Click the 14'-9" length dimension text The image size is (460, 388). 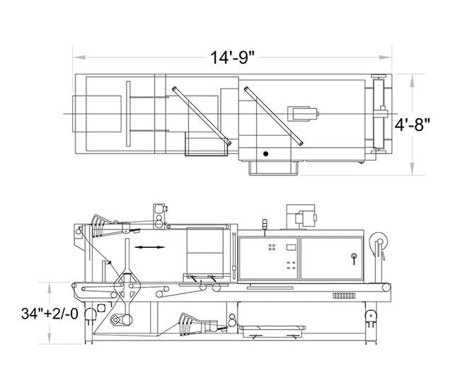(232, 57)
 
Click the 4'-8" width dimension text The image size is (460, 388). (412, 125)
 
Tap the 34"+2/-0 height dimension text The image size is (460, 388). (50, 314)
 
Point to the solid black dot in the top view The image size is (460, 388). (265, 154)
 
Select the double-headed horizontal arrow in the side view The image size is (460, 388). (149, 247)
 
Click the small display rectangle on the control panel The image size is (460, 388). (291, 247)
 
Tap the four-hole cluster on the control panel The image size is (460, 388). (272, 247)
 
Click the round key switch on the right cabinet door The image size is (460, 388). (354, 256)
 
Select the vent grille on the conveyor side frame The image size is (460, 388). (344, 295)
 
